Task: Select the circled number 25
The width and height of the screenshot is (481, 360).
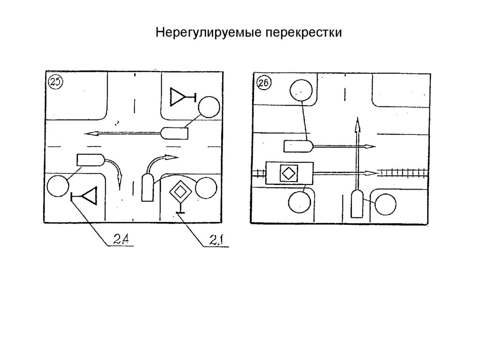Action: click(x=55, y=83)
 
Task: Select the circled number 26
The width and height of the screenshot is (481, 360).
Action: click(x=263, y=83)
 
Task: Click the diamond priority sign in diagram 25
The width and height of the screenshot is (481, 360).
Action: click(x=179, y=191)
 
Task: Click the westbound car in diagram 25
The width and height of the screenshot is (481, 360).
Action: click(x=175, y=133)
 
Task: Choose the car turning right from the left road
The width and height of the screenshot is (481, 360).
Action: click(x=91, y=160)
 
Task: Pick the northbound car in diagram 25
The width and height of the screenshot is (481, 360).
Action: click(x=147, y=187)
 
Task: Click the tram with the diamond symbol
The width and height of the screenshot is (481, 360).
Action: click(x=289, y=173)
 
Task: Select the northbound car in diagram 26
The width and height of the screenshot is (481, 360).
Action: click(x=357, y=203)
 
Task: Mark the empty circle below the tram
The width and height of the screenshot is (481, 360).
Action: click(x=299, y=202)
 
